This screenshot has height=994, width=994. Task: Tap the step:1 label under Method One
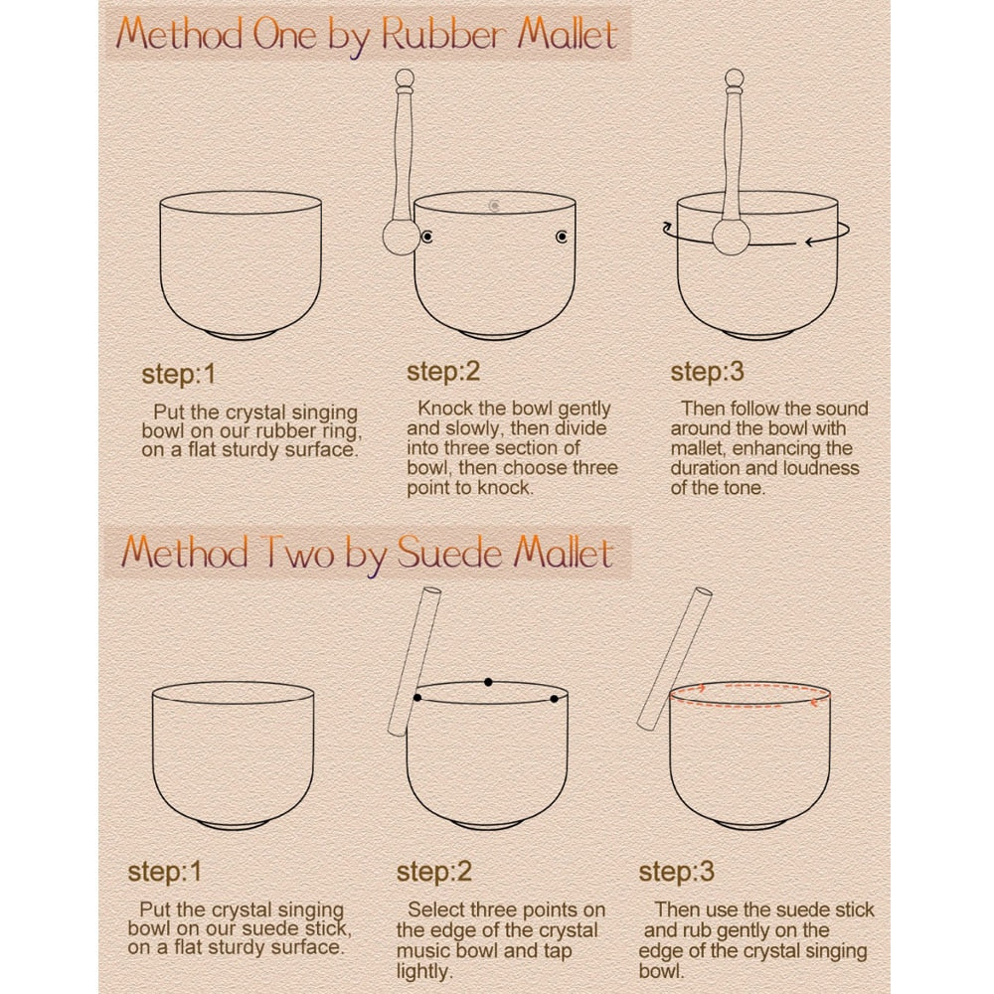tap(179, 375)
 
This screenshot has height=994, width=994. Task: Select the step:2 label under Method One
tap(443, 373)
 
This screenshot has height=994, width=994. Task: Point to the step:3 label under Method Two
tap(676, 873)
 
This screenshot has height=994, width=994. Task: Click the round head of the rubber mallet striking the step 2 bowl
tap(402, 238)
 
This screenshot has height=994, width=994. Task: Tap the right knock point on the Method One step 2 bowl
tap(562, 237)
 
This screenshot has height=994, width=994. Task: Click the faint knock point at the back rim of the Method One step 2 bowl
tap(494, 206)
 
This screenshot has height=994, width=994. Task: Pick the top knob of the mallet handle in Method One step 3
tap(735, 79)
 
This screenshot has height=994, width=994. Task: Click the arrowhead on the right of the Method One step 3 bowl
tap(809, 242)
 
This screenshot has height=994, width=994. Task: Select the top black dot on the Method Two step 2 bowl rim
tap(488, 682)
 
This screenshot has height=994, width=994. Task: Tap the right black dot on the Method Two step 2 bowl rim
tap(554, 699)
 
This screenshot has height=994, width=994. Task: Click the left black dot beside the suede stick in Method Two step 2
tap(417, 698)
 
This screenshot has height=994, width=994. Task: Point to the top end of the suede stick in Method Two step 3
tap(704, 592)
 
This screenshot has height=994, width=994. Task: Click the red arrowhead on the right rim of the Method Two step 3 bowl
tap(815, 702)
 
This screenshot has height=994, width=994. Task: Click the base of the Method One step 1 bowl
tap(241, 334)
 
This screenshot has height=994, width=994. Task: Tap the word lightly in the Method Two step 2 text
tap(422, 971)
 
